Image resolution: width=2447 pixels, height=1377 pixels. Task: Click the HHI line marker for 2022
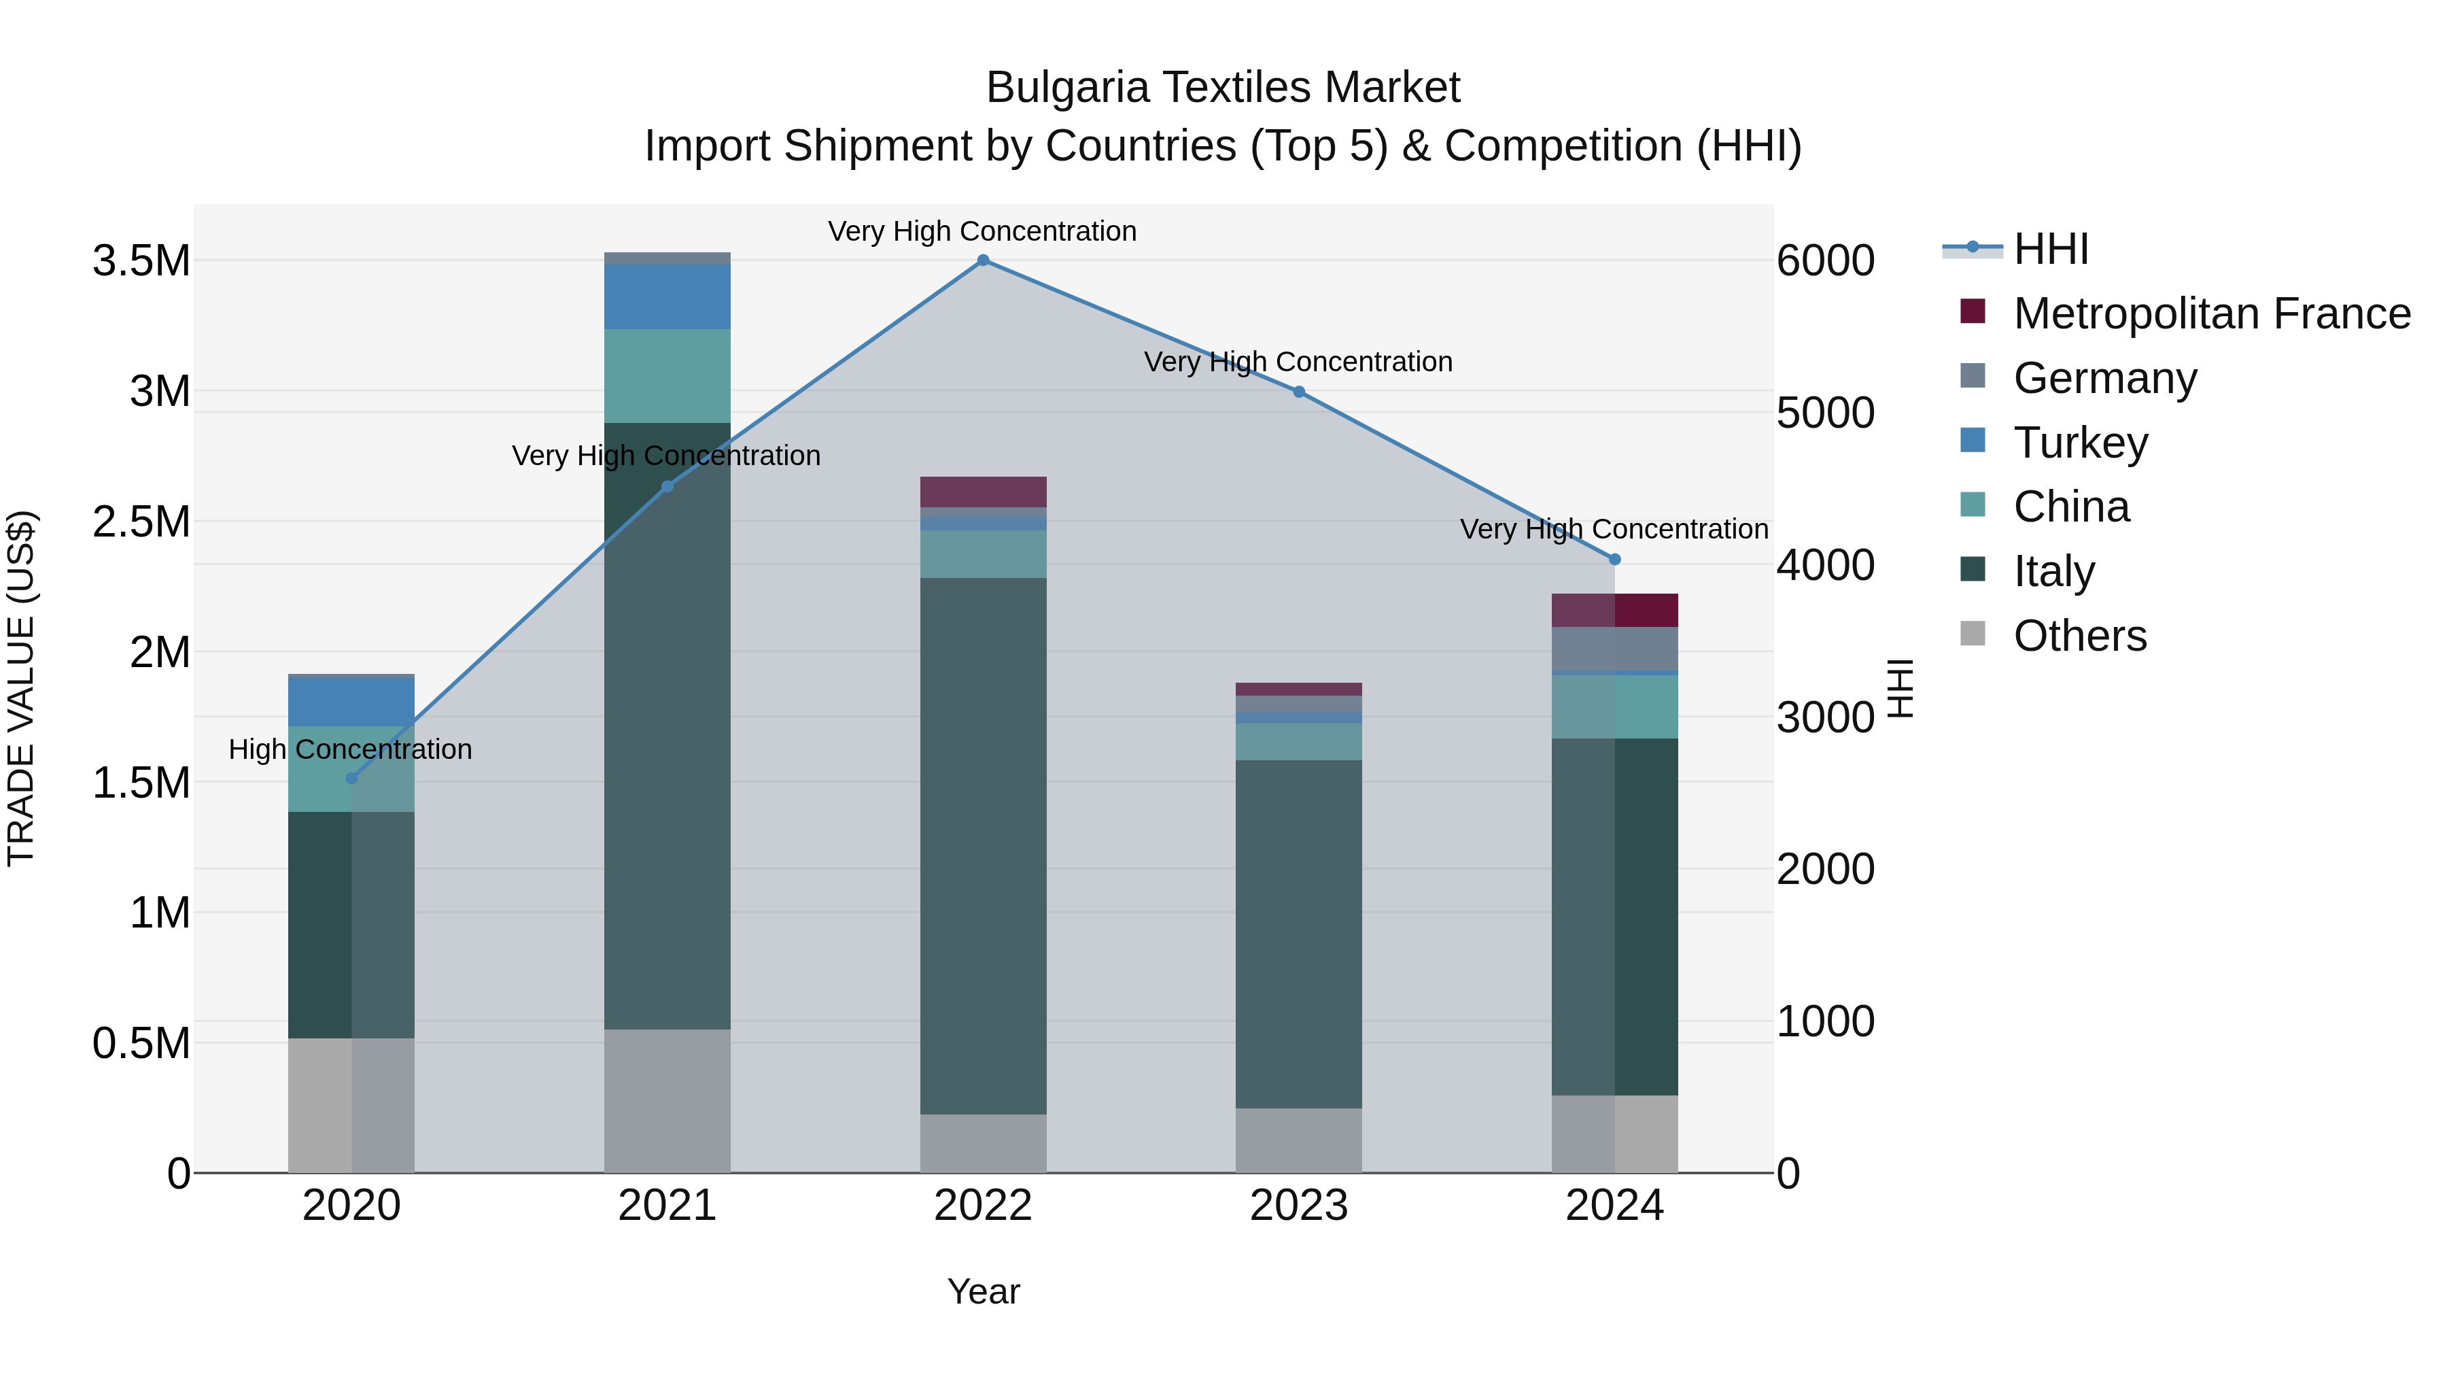pos(983,260)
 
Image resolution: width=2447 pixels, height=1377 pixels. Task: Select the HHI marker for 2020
pos(351,779)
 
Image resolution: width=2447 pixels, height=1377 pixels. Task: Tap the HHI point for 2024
pos(1615,560)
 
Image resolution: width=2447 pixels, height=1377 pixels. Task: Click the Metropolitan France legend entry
pos(2211,313)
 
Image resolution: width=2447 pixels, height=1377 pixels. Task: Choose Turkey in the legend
pos(2081,443)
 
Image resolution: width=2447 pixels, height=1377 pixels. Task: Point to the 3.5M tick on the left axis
pos(141,261)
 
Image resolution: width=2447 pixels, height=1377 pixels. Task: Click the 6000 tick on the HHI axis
pos(1825,261)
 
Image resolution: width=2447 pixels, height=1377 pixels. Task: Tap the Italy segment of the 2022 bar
pos(983,846)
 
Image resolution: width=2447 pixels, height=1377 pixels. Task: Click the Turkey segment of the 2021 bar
pos(667,296)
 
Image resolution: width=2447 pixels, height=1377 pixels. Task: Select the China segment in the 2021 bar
pos(667,375)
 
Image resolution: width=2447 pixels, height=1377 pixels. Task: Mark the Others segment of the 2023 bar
pos(1298,1140)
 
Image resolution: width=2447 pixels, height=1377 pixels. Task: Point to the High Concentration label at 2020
pos(351,750)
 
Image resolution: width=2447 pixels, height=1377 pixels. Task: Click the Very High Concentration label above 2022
pos(982,232)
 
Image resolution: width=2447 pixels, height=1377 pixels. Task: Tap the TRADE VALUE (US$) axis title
pos(21,688)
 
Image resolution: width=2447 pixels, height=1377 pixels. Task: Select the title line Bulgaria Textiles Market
pos(1223,88)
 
